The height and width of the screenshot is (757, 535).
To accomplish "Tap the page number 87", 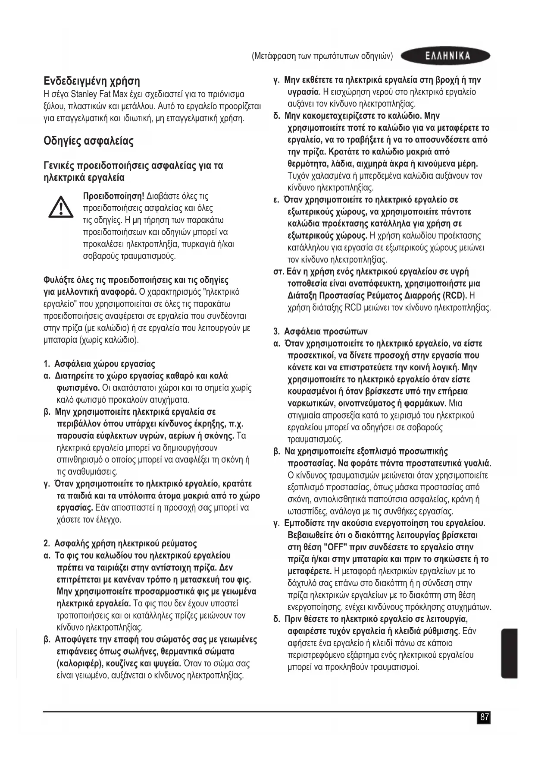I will [484, 717].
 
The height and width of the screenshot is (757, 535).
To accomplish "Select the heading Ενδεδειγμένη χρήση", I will [92, 81].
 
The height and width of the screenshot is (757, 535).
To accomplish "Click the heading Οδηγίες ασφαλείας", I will [89, 141].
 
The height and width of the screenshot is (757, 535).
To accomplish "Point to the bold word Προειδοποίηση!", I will [113, 196].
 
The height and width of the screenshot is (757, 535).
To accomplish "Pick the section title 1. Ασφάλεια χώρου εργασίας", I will [100, 364].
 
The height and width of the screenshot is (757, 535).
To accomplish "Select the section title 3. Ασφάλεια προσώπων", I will [321, 331].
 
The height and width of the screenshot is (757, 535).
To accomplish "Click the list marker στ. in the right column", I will [279, 272].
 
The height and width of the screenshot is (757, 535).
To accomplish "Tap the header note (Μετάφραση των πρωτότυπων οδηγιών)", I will [322, 56].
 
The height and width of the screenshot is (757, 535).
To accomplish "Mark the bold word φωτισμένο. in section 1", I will [78, 388].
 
